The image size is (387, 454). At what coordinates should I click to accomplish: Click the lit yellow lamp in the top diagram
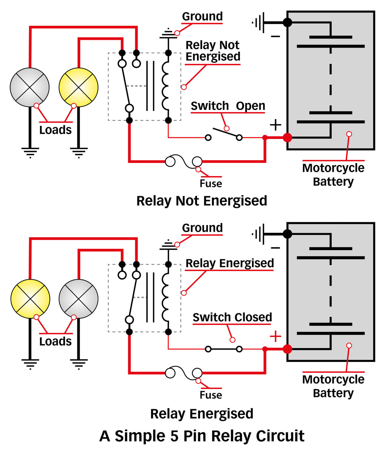[78, 87]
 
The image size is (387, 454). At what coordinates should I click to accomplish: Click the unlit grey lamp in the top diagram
[30, 87]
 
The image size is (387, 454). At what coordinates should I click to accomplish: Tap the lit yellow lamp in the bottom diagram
[30, 299]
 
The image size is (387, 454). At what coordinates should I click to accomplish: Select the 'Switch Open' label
[228, 106]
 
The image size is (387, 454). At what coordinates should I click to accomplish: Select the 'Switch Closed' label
[232, 317]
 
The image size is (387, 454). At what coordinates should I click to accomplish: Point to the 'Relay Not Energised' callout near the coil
[213, 51]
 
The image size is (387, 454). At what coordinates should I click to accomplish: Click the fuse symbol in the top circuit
[184, 162]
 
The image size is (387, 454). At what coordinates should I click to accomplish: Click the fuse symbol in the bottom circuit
[184, 373]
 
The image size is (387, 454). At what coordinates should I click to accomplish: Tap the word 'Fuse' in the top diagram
[211, 183]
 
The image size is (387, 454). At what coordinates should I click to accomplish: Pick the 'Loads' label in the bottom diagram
[55, 341]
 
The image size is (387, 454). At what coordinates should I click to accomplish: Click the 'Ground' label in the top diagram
[202, 16]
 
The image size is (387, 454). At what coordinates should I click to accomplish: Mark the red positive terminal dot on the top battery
[287, 137]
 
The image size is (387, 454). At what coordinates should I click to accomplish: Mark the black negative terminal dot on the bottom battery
[287, 234]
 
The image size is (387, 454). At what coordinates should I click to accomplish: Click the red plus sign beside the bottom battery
[275, 337]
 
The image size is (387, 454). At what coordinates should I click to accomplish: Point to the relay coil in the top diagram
[166, 86]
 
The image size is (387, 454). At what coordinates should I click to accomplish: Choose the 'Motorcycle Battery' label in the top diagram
[333, 175]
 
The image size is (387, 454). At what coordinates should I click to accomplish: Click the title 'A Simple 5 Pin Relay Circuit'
[202, 436]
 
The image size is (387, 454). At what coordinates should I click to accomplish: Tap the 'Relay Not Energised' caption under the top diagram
[202, 201]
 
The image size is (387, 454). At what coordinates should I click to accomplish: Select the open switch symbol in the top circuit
[224, 134]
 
